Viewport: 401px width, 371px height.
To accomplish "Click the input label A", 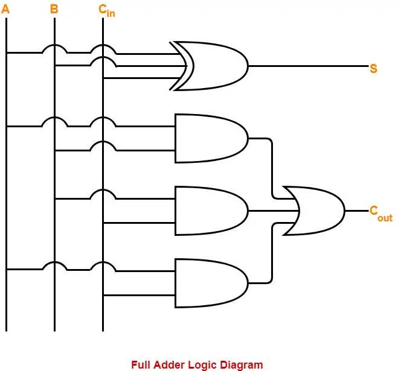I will coord(5,9).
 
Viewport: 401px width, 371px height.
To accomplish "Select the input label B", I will coord(54,9).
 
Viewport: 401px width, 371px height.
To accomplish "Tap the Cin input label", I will coord(106,11).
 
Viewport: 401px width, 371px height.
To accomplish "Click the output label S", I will coord(373,69).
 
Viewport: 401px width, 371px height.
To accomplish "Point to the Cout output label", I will coord(380,213).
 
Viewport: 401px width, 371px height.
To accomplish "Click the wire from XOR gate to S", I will coord(308,66).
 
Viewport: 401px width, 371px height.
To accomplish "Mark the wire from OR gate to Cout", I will coord(356,211).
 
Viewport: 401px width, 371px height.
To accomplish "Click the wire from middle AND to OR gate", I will coord(272,211).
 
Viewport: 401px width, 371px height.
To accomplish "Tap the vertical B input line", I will coord(54,241).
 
